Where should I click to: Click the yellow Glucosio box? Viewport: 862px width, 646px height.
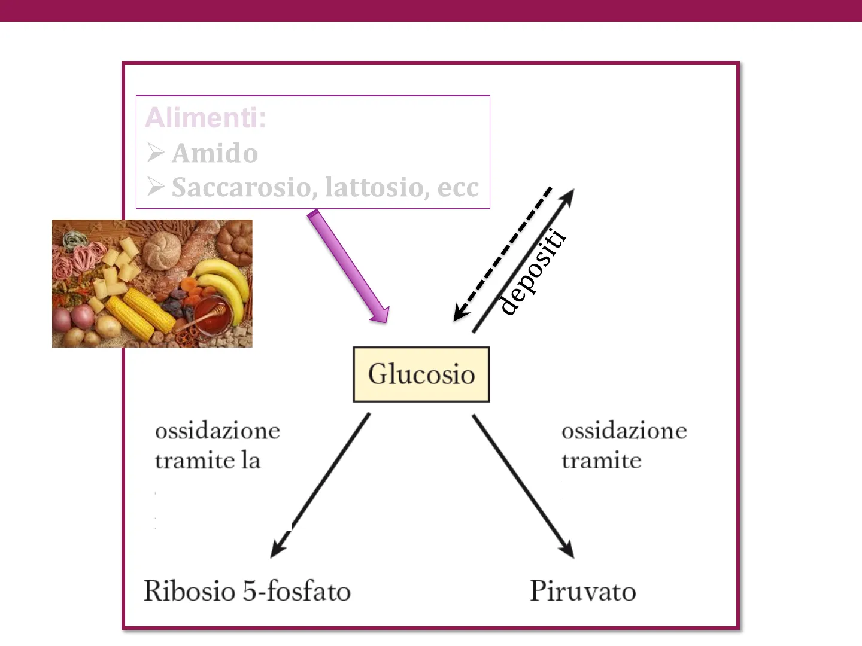[x=421, y=374]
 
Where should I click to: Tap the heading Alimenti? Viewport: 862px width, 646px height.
[x=206, y=117]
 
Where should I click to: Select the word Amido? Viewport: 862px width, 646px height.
[x=215, y=153]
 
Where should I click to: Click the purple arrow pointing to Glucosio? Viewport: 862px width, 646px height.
[x=348, y=266]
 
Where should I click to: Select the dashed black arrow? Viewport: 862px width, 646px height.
[x=502, y=254]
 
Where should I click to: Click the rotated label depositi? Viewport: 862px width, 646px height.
[x=532, y=272]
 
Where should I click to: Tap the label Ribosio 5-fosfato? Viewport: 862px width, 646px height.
[x=247, y=591]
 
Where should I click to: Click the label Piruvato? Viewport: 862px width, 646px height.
[x=583, y=591]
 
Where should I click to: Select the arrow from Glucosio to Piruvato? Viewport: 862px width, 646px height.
[x=523, y=486]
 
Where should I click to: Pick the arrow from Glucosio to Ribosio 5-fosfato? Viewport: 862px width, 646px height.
[x=320, y=485]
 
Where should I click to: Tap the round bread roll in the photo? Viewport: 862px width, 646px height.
[x=162, y=250]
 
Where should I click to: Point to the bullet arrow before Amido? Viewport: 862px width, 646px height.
[x=156, y=153]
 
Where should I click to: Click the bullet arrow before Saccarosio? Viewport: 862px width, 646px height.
[x=156, y=187]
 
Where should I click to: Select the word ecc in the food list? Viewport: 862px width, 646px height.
[x=458, y=188]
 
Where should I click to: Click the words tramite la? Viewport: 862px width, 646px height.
[x=208, y=460]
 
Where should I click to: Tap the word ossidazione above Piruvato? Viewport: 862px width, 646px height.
[x=624, y=431]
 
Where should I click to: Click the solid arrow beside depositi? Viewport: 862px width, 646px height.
[x=523, y=261]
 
